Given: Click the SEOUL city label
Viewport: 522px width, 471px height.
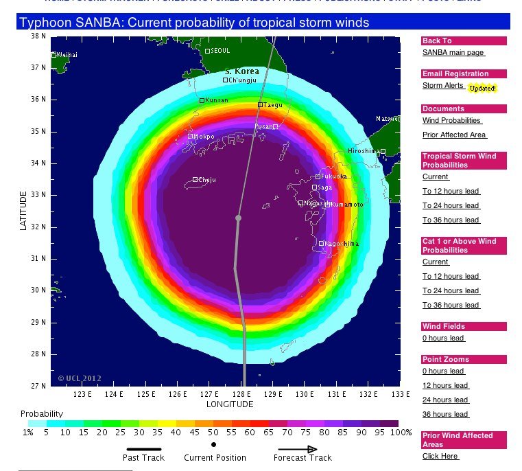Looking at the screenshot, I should [x=221, y=51].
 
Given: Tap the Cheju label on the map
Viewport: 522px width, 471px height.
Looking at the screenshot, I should [x=206, y=180].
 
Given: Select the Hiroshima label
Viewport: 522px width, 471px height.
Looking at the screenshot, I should [x=363, y=151].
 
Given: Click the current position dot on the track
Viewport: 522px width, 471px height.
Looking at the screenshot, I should [x=239, y=218].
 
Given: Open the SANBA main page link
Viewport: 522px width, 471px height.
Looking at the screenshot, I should [x=453, y=52].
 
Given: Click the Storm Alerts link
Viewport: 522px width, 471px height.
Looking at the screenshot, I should [x=443, y=86].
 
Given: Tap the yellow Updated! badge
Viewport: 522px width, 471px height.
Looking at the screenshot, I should [x=482, y=89].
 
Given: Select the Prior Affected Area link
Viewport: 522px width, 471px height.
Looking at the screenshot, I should [x=454, y=135].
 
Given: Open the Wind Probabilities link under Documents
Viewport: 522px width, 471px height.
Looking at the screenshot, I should [x=451, y=120].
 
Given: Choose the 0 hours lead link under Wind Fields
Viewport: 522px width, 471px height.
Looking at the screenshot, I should [x=443, y=338].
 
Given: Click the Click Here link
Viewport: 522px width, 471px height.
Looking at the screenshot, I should [x=440, y=456].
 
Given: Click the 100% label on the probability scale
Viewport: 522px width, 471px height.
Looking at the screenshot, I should [x=401, y=433].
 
